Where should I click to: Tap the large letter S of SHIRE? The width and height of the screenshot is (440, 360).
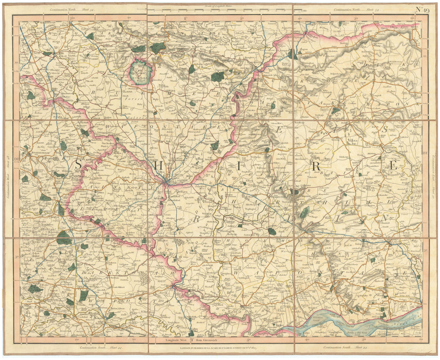[78, 164]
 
